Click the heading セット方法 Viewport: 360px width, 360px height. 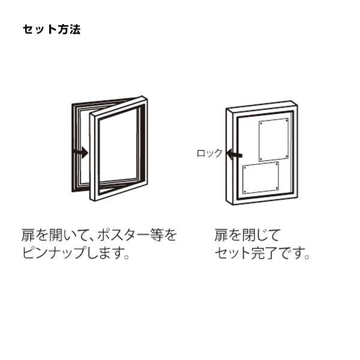(x=52, y=29)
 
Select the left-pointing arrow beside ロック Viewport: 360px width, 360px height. (x=234, y=154)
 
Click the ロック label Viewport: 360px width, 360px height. (x=209, y=153)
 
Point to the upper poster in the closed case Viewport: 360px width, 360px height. (x=274, y=140)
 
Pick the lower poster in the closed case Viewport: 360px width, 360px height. (x=261, y=178)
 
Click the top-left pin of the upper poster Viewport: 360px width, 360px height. (x=261, y=123)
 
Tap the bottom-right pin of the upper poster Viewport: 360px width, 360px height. (x=286, y=157)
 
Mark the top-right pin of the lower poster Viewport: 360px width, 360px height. (x=277, y=164)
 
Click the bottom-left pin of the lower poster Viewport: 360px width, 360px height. (x=245, y=191)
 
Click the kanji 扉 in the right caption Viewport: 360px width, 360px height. (x=221, y=235)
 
